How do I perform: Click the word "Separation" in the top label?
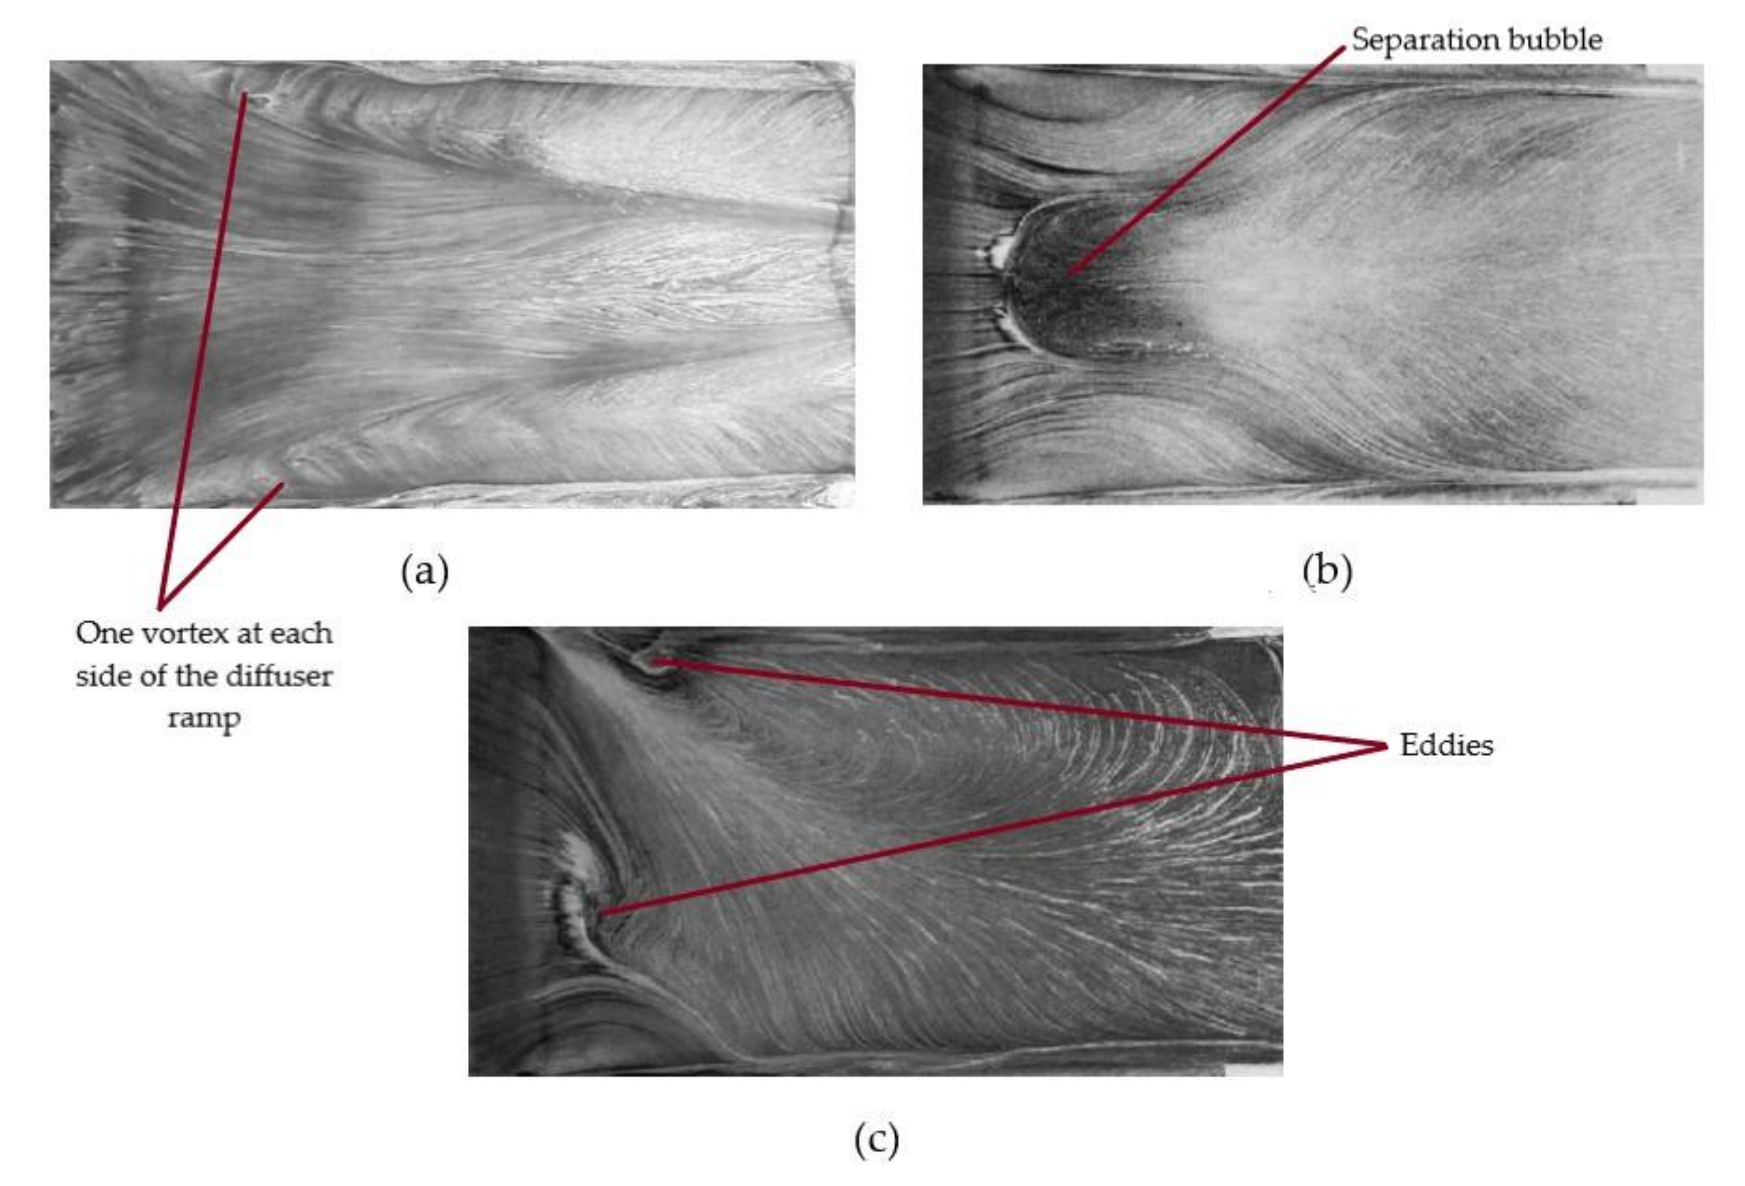[x=1411, y=40]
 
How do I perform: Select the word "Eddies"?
[x=1446, y=746]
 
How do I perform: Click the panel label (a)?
[x=425, y=572]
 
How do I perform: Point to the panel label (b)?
[x=1328, y=571]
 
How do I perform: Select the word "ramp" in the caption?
[x=204, y=718]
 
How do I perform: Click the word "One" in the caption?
[x=102, y=634]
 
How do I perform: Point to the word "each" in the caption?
[x=300, y=634]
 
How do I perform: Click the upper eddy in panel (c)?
[x=652, y=662]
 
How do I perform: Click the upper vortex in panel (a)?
[x=252, y=98]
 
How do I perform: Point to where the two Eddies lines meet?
[x=1386, y=746]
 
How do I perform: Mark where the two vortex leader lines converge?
[x=160, y=605]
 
